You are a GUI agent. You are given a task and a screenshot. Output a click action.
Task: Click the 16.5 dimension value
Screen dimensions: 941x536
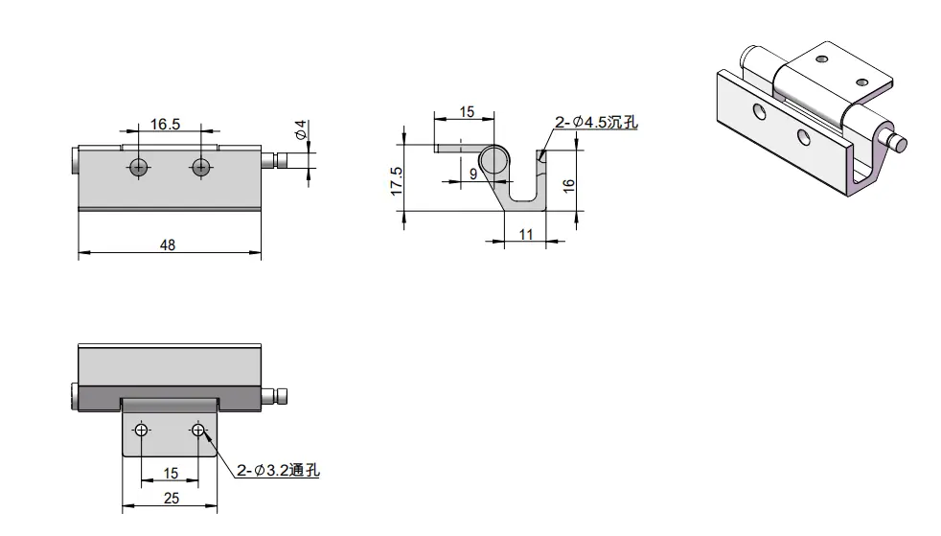(165, 125)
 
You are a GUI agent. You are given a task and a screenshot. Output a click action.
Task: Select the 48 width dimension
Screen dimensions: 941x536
(168, 245)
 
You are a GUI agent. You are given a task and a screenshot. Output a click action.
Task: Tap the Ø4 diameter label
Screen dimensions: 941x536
(301, 129)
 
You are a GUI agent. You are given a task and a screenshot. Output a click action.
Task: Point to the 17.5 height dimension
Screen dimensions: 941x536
(396, 180)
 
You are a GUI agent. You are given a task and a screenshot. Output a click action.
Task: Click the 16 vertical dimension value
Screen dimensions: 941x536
(569, 185)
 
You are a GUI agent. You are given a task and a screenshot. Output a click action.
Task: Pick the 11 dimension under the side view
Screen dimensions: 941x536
(526, 235)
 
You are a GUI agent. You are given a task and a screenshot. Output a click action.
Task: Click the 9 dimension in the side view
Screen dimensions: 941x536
(473, 175)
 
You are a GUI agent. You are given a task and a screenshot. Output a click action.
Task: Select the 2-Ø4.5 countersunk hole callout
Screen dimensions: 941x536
(596, 123)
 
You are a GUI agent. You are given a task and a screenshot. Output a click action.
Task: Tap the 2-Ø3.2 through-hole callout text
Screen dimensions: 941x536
(278, 470)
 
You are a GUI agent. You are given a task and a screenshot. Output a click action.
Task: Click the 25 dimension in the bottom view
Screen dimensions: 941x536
(171, 499)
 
